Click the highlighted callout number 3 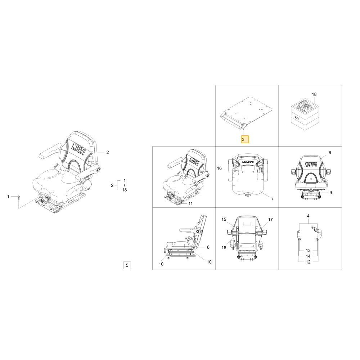[244, 139]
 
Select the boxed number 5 [127, 265]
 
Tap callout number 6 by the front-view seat [330, 153]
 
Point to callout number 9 [330, 193]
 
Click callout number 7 [272, 199]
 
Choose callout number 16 [219, 168]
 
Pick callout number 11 [190, 204]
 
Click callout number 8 [208, 247]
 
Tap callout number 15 [224, 220]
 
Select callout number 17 [270, 220]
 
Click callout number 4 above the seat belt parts [308, 216]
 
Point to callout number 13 [308, 251]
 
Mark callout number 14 [308, 256]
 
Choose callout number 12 [308, 262]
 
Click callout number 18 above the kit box [314, 94]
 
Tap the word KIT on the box [297, 118]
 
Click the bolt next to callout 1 [19, 198]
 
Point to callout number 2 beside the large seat [107, 152]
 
